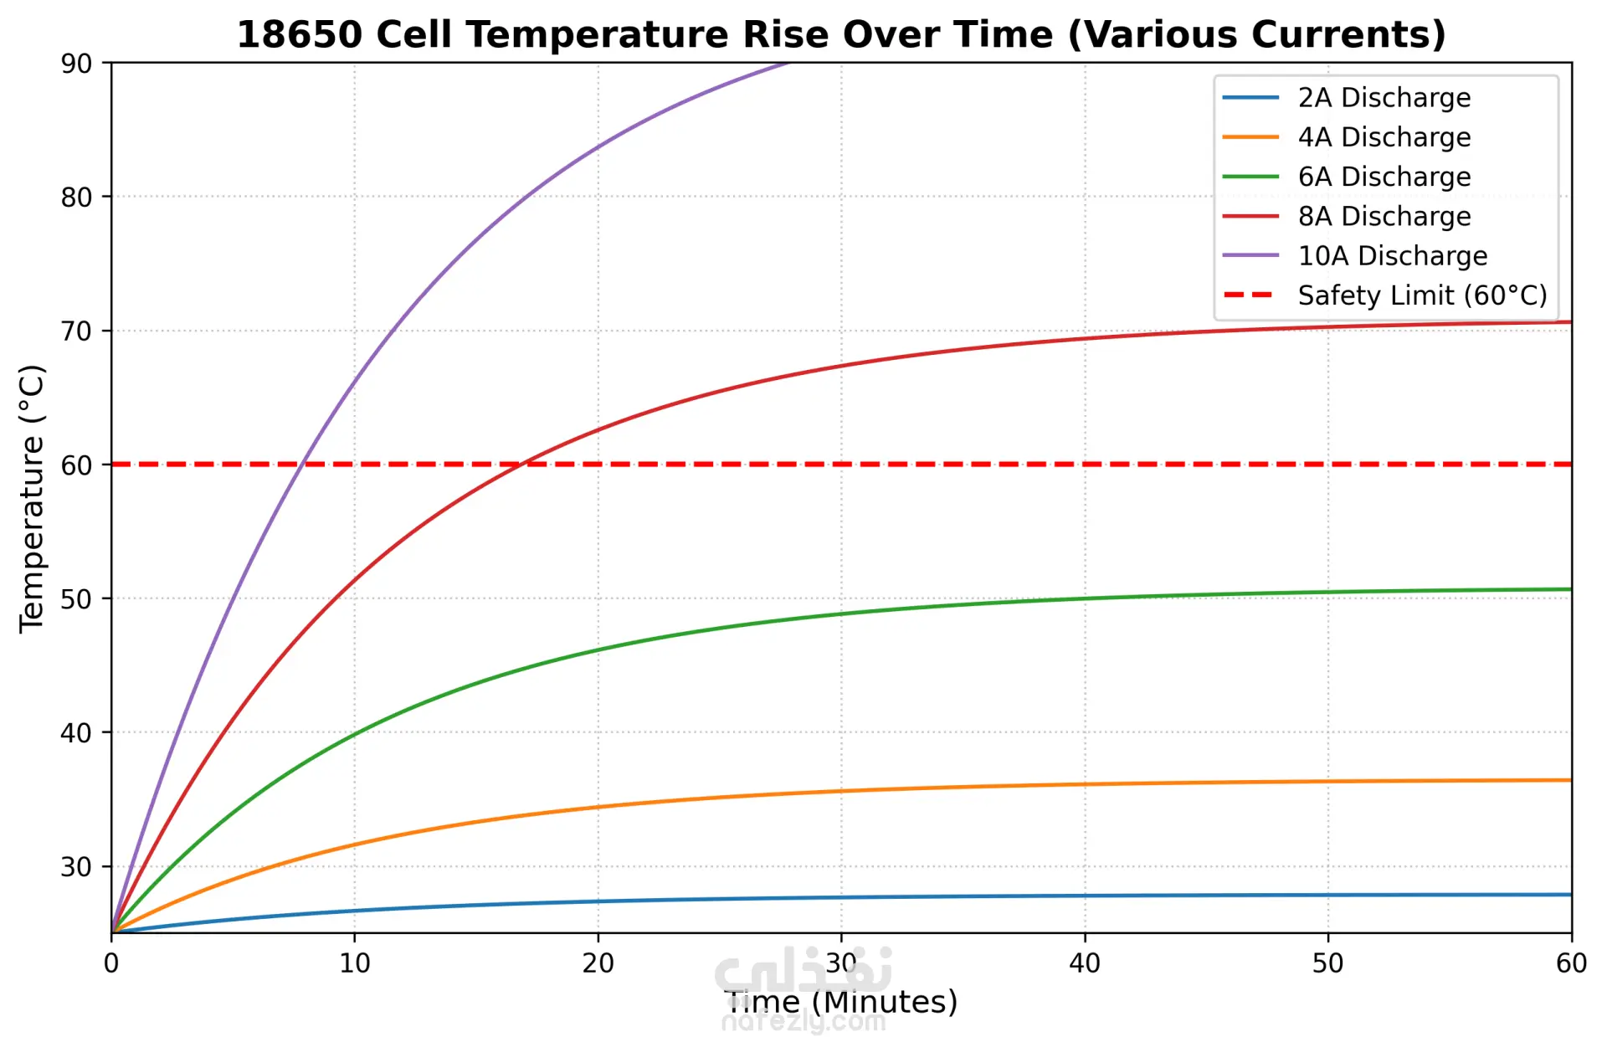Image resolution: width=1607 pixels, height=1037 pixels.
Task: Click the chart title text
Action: point(841,35)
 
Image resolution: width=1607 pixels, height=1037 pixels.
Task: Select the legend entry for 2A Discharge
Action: point(1384,98)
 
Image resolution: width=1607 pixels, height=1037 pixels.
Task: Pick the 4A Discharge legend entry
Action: point(1384,137)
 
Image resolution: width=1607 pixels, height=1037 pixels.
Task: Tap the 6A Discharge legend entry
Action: point(1384,177)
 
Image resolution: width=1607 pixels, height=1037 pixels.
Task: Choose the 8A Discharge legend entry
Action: point(1384,216)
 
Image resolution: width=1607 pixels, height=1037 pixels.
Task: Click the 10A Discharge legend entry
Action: point(1392,256)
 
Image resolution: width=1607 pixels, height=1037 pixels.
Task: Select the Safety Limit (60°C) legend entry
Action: point(1421,295)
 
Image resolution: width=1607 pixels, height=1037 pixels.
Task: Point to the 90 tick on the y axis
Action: point(76,64)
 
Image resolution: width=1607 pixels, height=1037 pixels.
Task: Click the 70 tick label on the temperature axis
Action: point(76,331)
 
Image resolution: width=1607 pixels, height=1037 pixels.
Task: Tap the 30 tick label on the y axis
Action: point(76,867)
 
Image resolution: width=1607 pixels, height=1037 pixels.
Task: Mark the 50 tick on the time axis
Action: point(1328,963)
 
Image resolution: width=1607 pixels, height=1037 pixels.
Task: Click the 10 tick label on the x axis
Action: point(355,963)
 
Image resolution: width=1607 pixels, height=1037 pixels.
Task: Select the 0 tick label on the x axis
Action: point(111,963)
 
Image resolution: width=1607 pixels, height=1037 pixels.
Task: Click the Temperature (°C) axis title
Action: point(32,498)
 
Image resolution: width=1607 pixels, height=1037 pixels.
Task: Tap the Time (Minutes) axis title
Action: point(841,1002)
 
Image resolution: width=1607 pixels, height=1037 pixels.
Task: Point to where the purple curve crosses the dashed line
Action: point(301,464)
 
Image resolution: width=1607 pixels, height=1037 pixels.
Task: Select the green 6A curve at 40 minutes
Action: point(1085,598)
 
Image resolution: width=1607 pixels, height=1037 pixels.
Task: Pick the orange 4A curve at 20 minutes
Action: point(598,807)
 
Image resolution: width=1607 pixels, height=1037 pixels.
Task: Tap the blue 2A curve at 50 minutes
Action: point(1328,895)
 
